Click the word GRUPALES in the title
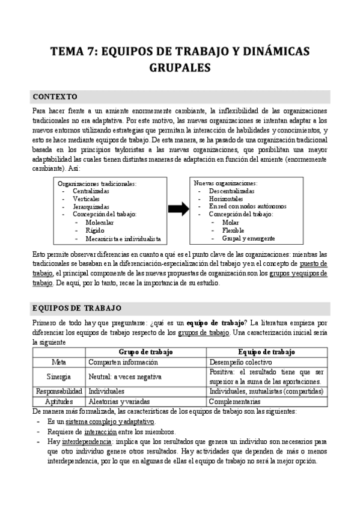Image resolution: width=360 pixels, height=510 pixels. click(x=180, y=68)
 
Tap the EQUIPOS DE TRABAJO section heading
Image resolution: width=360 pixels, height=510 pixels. click(x=77, y=309)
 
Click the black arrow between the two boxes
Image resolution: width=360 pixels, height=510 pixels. click(x=178, y=209)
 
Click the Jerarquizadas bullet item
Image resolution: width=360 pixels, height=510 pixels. click(x=91, y=206)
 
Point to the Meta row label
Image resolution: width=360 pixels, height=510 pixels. click(x=59, y=363)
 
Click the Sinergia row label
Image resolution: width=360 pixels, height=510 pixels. click(x=59, y=376)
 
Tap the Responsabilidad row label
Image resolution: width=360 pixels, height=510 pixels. click(x=59, y=391)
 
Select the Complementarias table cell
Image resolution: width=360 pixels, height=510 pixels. click(x=235, y=401)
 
